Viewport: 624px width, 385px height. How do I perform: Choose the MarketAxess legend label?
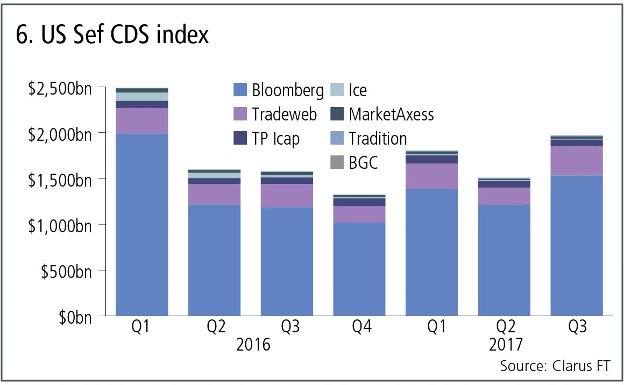click(391, 114)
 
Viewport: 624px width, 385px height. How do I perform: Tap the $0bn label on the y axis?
click(74, 316)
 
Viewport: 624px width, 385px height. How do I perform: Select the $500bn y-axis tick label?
click(66, 270)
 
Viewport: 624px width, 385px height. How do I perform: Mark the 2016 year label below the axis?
click(252, 344)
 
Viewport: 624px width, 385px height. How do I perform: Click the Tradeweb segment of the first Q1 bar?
click(142, 121)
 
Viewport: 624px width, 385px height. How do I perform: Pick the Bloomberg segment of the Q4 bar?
click(359, 269)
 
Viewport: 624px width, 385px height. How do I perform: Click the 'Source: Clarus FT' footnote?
click(556, 366)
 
